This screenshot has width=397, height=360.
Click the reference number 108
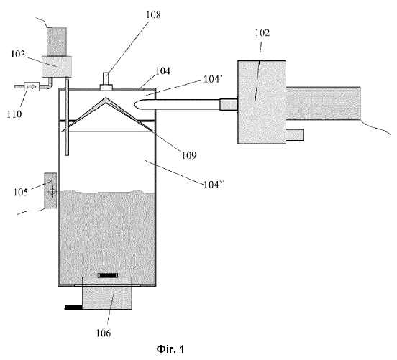click(153, 14)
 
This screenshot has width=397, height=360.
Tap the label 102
click(262, 32)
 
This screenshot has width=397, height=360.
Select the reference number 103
click(18, 54)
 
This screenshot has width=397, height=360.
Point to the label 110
click(14, 114)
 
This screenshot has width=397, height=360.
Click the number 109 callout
click(189, 155)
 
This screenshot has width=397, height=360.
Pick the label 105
click(21, 193)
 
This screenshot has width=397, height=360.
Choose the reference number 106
click(104, 333)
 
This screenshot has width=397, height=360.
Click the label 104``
click(214, 185)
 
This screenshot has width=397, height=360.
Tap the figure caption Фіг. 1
click(170, 349)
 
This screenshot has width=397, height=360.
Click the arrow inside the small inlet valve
click(32, 87)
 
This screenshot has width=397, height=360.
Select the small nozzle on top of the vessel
click(106, 81)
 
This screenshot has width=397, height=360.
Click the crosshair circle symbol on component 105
click(53, 192)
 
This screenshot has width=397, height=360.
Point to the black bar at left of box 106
click(73, 308)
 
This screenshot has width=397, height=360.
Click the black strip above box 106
click(108, 275)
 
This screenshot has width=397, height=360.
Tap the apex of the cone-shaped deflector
click(106, 98)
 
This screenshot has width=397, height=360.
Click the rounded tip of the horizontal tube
click(135, 104)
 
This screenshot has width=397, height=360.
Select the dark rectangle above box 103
click(57, 42)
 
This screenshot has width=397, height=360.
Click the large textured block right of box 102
click(323, 103)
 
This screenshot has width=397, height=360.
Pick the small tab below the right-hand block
click(295, 134)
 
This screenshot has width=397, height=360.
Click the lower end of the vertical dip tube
click(67, 154)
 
